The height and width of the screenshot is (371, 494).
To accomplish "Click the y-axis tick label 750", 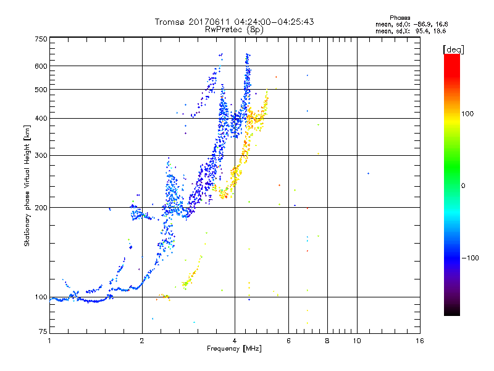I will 41,39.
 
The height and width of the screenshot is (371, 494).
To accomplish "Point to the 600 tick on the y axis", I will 41,66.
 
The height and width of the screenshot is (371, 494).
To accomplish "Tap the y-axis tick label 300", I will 41,155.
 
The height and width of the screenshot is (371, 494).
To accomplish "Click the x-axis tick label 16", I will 419,341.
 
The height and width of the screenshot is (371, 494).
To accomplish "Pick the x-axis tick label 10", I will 356,341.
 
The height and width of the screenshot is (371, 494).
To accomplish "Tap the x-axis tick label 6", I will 288,341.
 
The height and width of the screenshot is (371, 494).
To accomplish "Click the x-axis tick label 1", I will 49,341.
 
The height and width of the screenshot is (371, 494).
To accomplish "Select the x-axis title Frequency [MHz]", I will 234,349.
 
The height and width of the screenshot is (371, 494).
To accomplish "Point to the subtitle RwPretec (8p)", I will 234,29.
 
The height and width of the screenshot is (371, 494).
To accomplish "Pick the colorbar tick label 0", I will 463,185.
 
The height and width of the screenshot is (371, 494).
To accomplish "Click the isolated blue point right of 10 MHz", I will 368,173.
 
